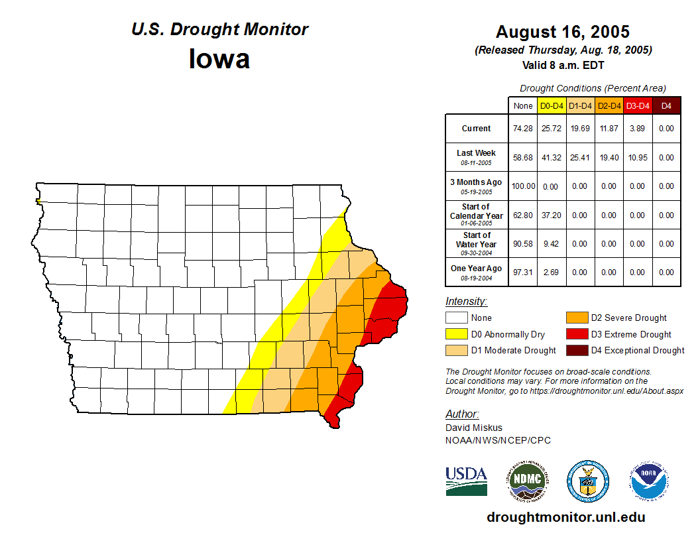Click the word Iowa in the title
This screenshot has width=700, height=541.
[219, 59]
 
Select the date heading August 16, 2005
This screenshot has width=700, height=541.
[563, 32]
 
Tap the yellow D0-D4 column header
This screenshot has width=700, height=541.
[552, 105]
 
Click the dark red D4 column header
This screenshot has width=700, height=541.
[666, 105]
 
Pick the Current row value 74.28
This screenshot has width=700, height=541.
[523, 129]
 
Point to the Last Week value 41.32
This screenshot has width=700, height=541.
[552, 158]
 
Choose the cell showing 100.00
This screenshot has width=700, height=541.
[523, 186]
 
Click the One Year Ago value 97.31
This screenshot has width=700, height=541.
[523, 272]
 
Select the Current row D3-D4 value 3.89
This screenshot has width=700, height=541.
[638, 129]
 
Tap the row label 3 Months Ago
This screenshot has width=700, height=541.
[477, 182]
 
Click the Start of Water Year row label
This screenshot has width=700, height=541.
[477, 240]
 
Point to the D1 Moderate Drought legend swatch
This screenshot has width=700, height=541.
[457, 350]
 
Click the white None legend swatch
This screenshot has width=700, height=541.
[457, 318]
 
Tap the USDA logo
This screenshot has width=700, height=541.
[466, 481]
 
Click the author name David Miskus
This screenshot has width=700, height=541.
[473, 428]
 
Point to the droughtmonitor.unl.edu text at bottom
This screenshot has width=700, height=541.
[565, 517]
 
